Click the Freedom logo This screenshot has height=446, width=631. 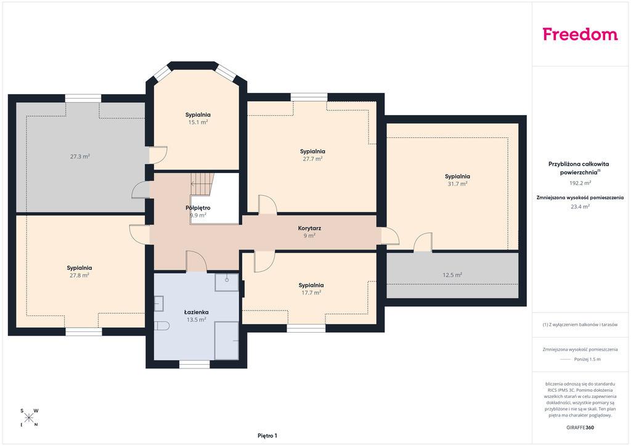580,34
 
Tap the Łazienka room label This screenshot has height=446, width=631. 197,312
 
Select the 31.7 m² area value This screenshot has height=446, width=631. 457,184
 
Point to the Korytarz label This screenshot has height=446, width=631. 309,228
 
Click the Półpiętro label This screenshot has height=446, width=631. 198,208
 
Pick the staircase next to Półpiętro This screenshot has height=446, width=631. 202,184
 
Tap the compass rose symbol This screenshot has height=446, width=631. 29,418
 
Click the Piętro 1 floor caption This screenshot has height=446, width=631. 267,436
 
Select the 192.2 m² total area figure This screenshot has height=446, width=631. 580,183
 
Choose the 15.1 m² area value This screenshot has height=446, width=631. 198,122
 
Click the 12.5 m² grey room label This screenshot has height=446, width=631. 452,275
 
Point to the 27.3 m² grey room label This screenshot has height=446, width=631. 79,156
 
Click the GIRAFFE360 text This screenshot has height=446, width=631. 580,428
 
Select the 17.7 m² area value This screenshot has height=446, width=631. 311,293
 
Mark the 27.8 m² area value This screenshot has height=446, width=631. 79,275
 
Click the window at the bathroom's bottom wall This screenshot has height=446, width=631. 194,364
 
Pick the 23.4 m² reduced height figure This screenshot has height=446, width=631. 580,207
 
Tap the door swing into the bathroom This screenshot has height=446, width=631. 197,261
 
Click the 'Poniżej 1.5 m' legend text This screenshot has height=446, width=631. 587,359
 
